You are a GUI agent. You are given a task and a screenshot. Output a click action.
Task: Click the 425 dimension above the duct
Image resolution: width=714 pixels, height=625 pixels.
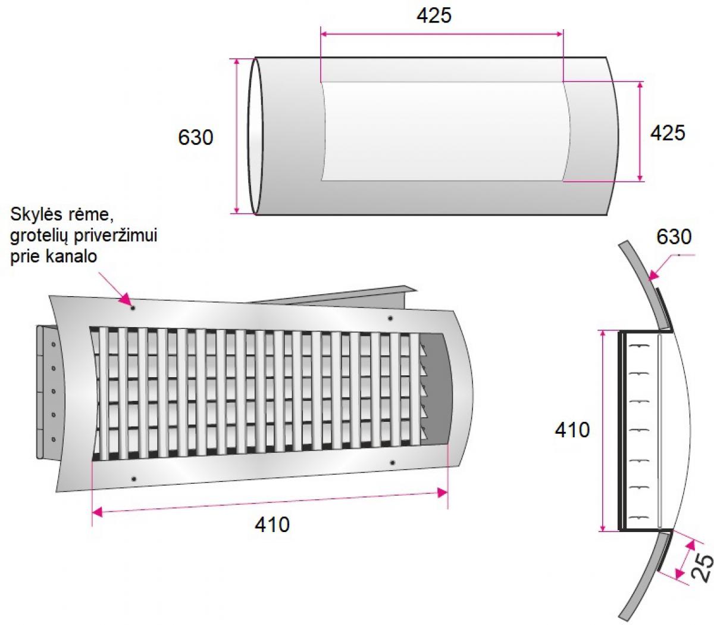click(x=434, y=15)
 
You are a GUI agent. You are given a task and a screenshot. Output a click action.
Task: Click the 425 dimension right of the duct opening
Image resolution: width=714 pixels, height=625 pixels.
click(x=667, y=133)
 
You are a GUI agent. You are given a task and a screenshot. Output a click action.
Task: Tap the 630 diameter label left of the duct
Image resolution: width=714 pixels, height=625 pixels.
click(x=195, y=137)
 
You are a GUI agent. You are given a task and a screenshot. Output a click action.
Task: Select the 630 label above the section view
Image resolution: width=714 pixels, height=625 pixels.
click(x=674, y=237)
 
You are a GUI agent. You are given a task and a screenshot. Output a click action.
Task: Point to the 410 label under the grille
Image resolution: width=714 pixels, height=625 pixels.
click(x=272, y=524)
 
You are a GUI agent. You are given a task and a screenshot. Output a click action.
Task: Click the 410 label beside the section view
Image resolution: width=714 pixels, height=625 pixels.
click(x=572, y=430)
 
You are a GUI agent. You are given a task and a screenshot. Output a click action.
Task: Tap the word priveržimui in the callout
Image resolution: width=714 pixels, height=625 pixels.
click(x=116, y=236)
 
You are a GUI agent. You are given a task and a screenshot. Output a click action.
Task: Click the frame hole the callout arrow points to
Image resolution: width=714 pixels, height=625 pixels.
click(x=133, y=308)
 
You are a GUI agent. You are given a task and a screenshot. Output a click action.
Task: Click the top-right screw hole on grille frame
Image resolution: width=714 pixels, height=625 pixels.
click(x=390, y=318)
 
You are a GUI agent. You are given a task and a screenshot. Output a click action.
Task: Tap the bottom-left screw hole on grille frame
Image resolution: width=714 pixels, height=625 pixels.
click(x=134, y=479)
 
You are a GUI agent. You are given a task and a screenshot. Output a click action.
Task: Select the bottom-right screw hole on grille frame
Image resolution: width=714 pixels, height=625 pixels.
click(x=393, y=463)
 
